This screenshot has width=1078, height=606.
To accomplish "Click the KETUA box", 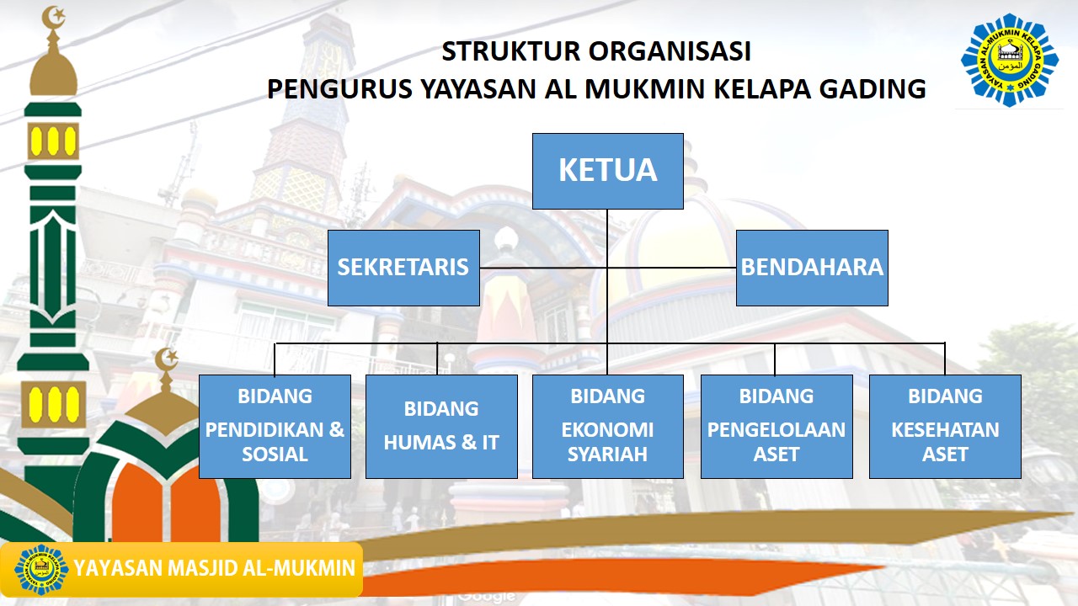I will (x=607, y=171).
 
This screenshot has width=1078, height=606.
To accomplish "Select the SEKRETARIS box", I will (x=403, y=268).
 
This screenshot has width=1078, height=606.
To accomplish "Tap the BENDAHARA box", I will (x=812, y=268).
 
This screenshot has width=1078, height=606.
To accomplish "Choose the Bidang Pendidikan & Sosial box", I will (x=275, y=426).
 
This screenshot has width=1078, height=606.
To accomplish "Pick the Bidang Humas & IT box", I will (x=441, y=426).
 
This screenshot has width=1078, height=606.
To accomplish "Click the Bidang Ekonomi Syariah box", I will (x=607, y=426).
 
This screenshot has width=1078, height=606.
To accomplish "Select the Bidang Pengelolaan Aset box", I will (x=776, y=426).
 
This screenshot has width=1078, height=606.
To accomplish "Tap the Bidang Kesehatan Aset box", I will (x=945, y=426).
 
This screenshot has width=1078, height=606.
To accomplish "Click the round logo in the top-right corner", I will (x=1009, y=60).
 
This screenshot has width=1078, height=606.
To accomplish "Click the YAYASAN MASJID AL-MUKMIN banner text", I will (x=215, y=569).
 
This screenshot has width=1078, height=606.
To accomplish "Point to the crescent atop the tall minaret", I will (x=54, y=16).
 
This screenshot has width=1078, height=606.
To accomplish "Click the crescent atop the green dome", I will (x=167, y=358).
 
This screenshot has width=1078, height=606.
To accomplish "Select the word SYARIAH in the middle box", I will (x=607, y=454).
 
